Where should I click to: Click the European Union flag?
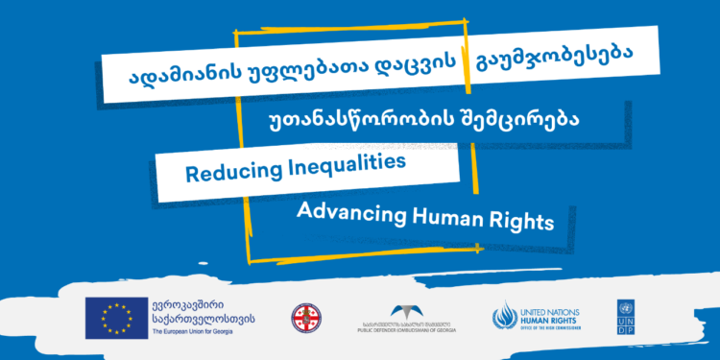pos(114,317)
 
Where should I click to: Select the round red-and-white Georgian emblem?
pos(305,317)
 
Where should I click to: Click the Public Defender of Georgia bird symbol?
pos(409,309)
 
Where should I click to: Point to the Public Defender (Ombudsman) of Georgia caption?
pos(409,329)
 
